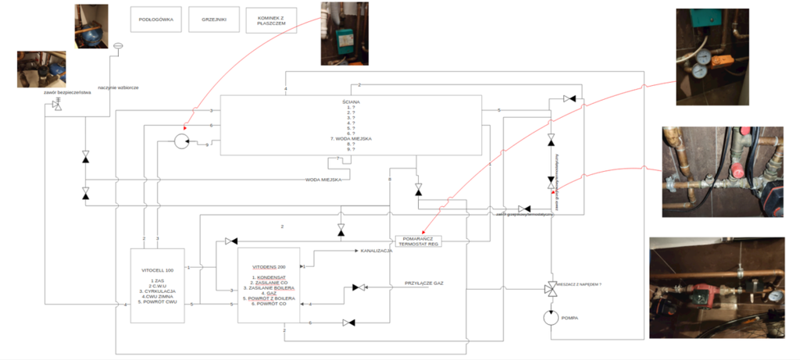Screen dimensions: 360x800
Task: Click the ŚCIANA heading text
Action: [x=349, y=101]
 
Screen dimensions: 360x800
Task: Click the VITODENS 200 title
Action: [x=269, y=266]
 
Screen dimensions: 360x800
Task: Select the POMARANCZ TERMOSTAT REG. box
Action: [x=420, y=241]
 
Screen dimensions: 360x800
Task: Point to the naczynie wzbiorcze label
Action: [x=119, y=87]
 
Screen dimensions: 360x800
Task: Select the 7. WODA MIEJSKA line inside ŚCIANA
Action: [x=349, y=138]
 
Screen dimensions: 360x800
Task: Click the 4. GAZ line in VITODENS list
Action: [x=269, y=293]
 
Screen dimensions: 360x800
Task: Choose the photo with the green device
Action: [x=345, y=33]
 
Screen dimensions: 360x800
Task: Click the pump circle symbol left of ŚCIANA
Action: [x=182, y=141]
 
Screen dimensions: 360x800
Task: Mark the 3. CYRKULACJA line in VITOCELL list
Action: [x=158, y=291]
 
